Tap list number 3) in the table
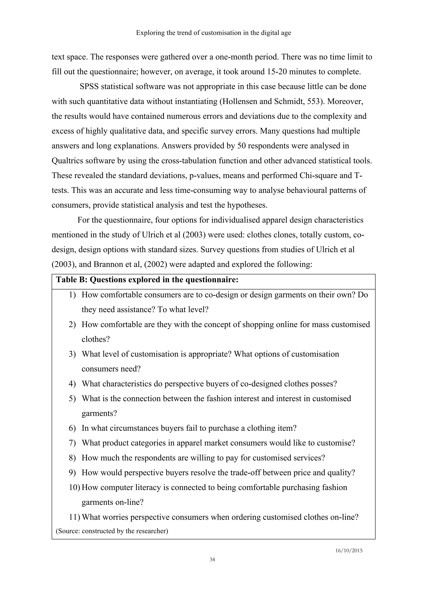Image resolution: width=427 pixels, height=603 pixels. coord(72,354)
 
